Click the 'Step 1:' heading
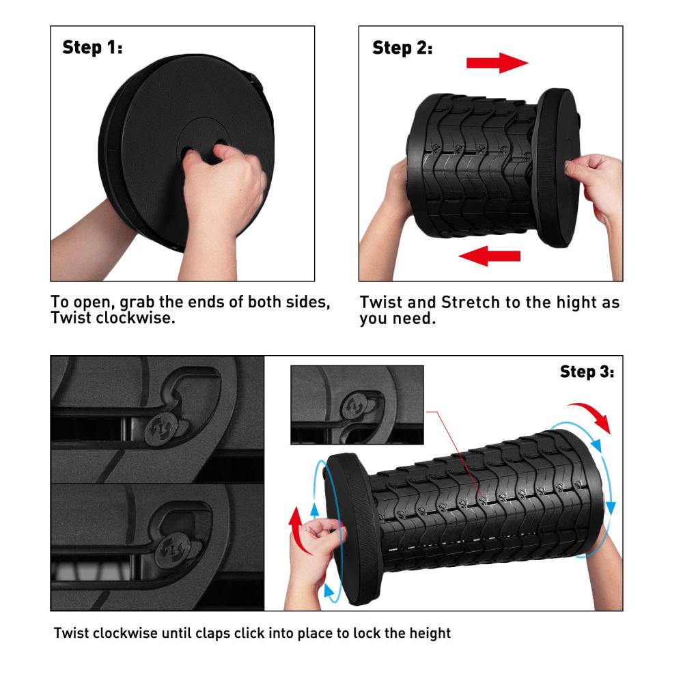(x=92, y=47)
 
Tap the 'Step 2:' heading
(x=402, y=48)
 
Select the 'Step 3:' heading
(x=587, y=372)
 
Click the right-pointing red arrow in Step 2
(x=497, y=63)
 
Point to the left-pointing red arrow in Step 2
(x=490, y=255)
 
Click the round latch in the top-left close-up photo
(x=161, y=430)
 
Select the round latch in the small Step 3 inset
(x=353, y=406)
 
